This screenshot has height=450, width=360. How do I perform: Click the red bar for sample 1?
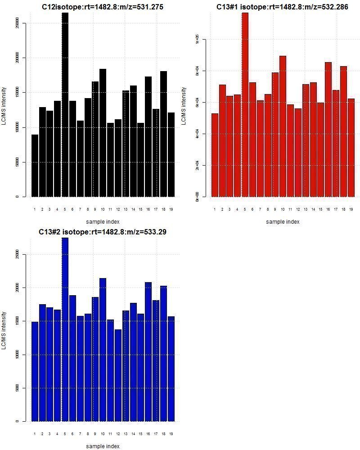[215, 155]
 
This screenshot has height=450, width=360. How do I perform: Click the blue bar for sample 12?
[118, 375]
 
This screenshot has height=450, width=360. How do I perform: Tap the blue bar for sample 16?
[148, 351]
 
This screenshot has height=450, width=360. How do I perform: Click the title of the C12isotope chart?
[103, 7]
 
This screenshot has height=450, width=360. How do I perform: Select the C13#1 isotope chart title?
[282, 7]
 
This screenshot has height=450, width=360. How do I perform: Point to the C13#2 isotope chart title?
[103, 232]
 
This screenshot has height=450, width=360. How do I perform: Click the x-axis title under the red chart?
[282, 221]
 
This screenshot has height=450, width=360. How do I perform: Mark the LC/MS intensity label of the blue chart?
[4, 330]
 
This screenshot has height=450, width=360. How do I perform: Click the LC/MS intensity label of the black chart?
[4, 105]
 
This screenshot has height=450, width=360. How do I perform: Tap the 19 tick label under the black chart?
[171, 209]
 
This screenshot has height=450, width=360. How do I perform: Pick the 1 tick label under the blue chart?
[35, 434]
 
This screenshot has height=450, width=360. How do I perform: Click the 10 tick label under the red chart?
[283, 209]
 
